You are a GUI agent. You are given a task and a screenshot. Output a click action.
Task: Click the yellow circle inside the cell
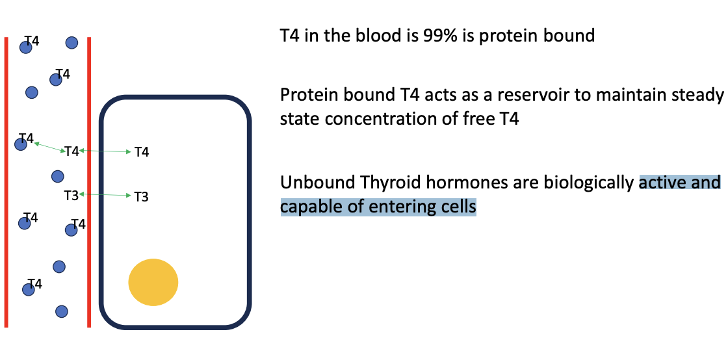click(153, 282)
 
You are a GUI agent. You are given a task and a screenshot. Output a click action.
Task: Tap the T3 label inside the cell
click(141, 197)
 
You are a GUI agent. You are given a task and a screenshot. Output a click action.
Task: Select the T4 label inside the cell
click(142, 151)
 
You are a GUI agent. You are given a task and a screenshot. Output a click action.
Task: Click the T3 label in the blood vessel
click(71, 196)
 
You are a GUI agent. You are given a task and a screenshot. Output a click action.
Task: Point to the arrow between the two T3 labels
click(105, 195)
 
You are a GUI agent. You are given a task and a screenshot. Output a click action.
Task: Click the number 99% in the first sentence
click(435, 36)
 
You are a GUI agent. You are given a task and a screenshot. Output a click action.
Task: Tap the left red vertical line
click(6, 182)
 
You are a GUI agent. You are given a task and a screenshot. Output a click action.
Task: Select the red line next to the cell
click(88, 182)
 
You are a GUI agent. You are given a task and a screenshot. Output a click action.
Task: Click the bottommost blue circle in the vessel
click(61, 311)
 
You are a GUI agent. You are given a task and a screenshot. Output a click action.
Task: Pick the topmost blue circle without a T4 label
click(71, 43)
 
